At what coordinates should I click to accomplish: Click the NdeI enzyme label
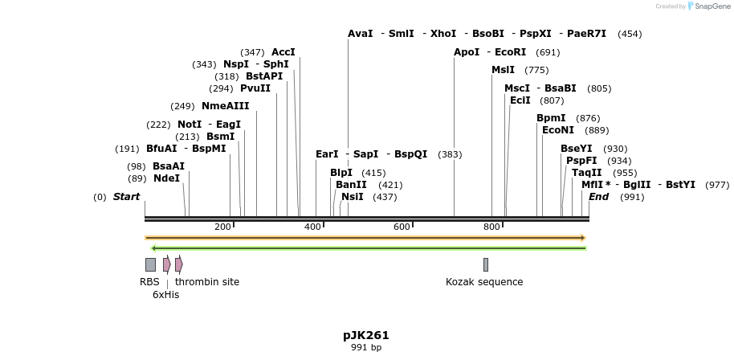click(166, 178)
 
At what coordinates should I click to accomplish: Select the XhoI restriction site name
click(443, 34)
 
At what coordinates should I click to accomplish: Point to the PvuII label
click(255, 88)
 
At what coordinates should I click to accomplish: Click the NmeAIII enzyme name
click(225, 106)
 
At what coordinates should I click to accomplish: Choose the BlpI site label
click(341, 173)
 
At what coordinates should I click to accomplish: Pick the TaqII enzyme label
click(586, 173)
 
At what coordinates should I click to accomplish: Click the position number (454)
click(630, 34)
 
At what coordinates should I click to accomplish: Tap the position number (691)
click(548, 52)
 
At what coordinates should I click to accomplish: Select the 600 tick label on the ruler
click(402, 227)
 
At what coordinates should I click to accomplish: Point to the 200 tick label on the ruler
click(222, 227)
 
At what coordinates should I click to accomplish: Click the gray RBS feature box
click(150, 264)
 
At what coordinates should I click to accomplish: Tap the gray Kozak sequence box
click(486, 264)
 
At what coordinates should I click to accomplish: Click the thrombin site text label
click(207, 282)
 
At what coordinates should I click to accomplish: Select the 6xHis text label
click(165, 295)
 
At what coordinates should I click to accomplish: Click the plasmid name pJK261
click(366, 335)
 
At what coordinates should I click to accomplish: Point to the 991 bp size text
click(366, 348)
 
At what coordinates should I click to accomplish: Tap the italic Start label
click(126, 197)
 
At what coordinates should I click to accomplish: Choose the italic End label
click(598, 197)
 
